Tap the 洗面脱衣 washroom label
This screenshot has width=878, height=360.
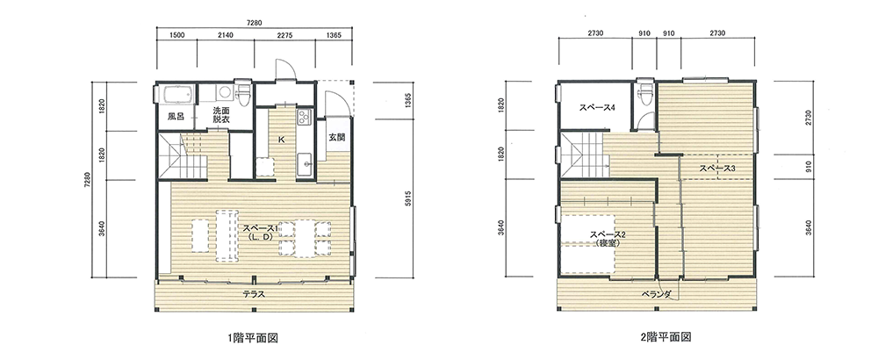pyautogui.click(x=221, y=115)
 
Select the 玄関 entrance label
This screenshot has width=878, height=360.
pyautogui.click(x=336, y=138)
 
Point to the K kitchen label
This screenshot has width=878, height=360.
pyautogui.click(x=281, y=140)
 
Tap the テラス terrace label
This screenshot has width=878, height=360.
pyautogui.click(x=254, y=293)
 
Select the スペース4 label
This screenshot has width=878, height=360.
pyautogui.click(x=597, y=108)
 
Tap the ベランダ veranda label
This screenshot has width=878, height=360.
pyautogui.click(x=656, y=294)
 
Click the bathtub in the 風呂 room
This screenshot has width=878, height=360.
pyautogui.click(x=177, y=95)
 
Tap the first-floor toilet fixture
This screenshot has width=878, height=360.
pyautogui.click(x=243, y=95)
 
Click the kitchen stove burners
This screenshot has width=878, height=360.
pyautogui.click(x=304, y=117)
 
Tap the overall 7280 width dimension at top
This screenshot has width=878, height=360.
pyautogui.click(x=255, y=23)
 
